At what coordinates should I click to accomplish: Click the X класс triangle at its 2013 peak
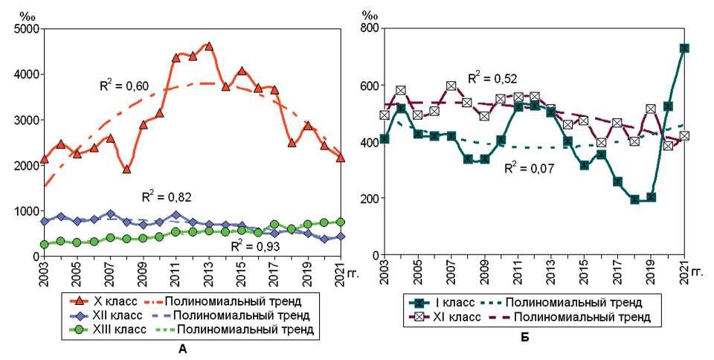coord(209,46)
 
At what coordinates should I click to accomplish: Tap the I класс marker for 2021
coord(684,48)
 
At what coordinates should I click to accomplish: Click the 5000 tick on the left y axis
coord(27,29)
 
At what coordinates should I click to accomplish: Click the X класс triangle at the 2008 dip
coord(126,170)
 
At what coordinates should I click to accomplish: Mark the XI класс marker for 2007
coord(451,86)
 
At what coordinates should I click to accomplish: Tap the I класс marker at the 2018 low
coord(634,199)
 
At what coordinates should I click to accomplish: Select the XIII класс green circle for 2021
coord(341,222)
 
